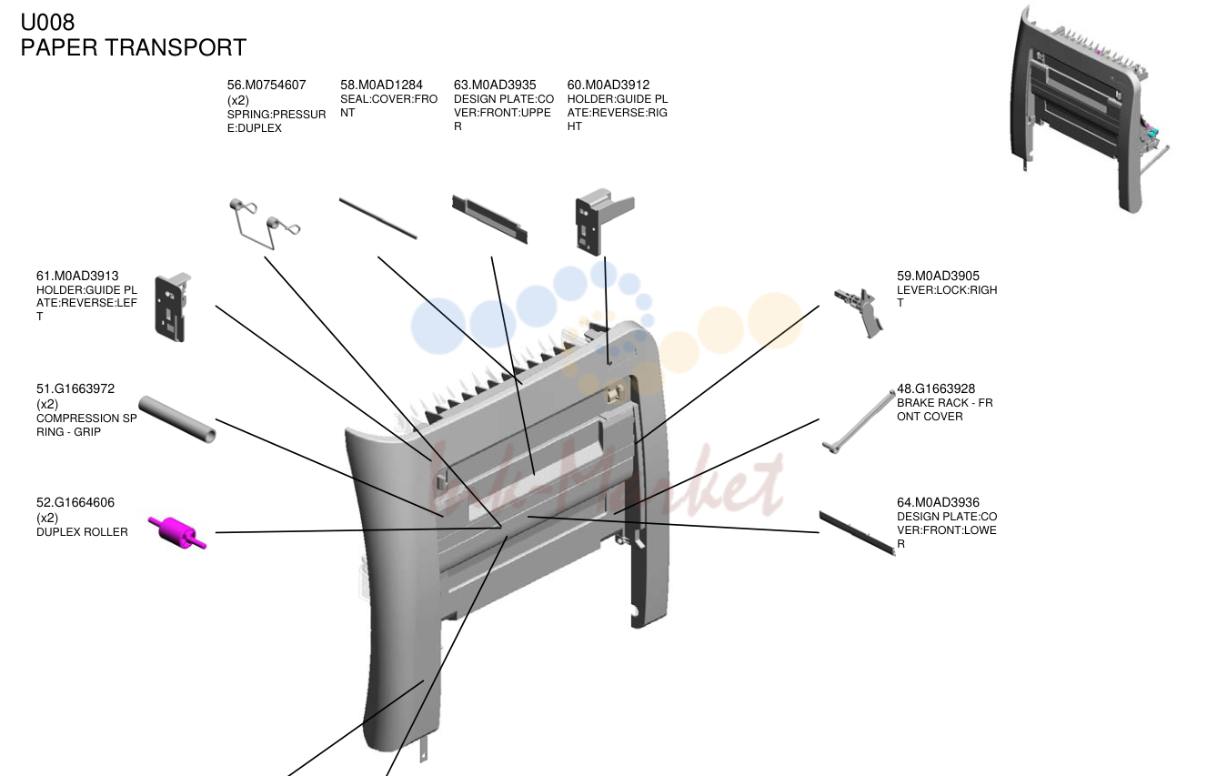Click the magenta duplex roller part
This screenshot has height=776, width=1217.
(177, 533)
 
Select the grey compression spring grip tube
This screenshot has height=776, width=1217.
(177, 419)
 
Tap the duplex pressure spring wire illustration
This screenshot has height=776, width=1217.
(264, 224)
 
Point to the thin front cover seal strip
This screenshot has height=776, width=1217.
(378, 218)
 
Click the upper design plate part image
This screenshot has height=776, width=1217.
(489, 219)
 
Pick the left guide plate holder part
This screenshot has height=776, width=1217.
(173, 307)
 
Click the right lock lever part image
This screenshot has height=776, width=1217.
(859, 312)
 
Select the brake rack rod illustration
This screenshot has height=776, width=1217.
(859, 422)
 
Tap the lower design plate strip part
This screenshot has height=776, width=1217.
(858, 533)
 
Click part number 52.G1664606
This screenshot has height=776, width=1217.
(75, 503)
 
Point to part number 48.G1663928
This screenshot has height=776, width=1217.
(936, 389)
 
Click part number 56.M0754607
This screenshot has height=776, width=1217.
(267, 86)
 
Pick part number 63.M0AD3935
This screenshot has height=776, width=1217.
(495, 86)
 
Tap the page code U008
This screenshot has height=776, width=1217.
(48, 23)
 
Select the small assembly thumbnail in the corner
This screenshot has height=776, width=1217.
(1090, 108)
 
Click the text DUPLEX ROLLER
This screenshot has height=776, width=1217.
(82, 532)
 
